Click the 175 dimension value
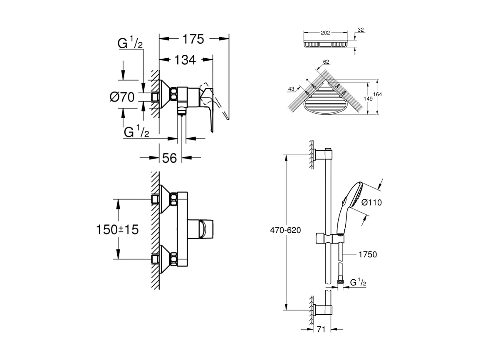pos(193,39)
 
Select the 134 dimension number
pos(185,60)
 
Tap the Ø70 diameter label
pos(122,97)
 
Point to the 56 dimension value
pos(169,158)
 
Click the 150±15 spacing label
pos(117,229)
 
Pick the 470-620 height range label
pos(285,230)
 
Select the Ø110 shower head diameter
pos(371,202)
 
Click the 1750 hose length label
pos(368,254)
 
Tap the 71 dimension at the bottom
pos(321,329)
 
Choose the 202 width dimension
pos(325,32)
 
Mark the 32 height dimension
pos(361,30)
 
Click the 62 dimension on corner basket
pos(326,62)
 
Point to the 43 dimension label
pos(291,89)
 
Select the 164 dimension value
pos(377,94)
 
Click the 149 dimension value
pos(368,99)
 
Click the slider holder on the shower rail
pos(329,238)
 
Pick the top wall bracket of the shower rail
pos(323,155)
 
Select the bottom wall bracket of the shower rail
pos(322,310)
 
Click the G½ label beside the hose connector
pos(358,282)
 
